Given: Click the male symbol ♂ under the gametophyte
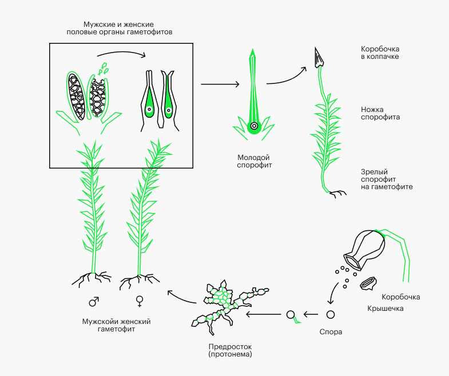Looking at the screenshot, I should pyautogui.click(x=93, y=301).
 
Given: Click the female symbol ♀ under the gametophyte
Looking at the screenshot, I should pyautogui.click(x=139, y=301).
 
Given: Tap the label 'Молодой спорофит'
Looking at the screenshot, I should pyautogui.click(x=253, y=161).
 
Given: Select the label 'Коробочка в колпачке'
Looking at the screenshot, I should pyautogui.click(x=380, y=53).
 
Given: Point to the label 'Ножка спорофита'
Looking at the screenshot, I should pyautogui.click(x=380, y=113).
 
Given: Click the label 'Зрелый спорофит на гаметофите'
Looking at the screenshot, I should pyautogui.click(x=386, y=179).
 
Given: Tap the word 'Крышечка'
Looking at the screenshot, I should pyautogui.click(x=385, y=309).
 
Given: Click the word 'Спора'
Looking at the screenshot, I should pyautogui.click(x=330, y=332).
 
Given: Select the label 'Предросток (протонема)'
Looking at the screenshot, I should pyautogui.click(x=230, y=350).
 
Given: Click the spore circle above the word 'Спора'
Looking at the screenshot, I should pyautogui.click(x=330, y=314).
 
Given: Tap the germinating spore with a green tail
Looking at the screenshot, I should pyautogui.click(x=291, y=314).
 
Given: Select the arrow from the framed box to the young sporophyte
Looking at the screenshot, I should pyautogui.click(x=220, y=84).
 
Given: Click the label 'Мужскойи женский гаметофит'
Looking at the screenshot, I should pyautogui.click(x=116, y=326).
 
